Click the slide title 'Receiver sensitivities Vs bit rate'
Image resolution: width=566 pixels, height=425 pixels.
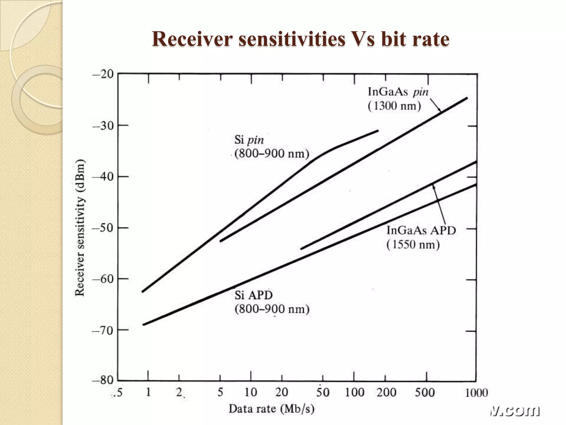tap(300, 39)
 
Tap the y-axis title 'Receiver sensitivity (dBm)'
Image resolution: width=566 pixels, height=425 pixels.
tap(80, 227)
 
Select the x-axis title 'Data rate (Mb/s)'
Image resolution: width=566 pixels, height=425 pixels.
tap(271, 409)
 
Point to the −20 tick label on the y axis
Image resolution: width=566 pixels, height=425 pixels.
tap(103, 74)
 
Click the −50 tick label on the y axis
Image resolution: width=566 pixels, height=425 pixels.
tap(103, 228)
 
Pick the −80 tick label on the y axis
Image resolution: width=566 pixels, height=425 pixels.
tap(103, 380)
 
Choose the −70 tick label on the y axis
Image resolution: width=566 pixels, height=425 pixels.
tap(103, 330)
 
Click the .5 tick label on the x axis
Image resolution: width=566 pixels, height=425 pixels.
tap(117, 392)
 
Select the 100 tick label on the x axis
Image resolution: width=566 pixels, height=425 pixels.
tap(355, 392)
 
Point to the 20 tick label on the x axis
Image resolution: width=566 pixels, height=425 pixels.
tap(282, 392)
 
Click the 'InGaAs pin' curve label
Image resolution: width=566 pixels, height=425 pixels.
tap(398, 92)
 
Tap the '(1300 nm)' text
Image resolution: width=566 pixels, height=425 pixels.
tap(394, 106)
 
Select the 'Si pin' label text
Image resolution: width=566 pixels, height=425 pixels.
tap(249, 140)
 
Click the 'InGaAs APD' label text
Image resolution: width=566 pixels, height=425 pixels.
tap(421, 230)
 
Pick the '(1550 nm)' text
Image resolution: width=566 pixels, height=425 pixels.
tap(413, 245)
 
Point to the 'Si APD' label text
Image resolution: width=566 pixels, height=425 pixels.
tap(253, 295)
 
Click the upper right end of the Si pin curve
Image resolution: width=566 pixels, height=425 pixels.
tap(378, 130)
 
